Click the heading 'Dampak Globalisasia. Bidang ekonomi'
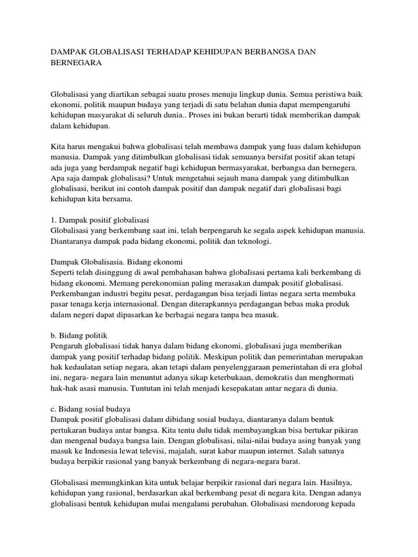[116, 261]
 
